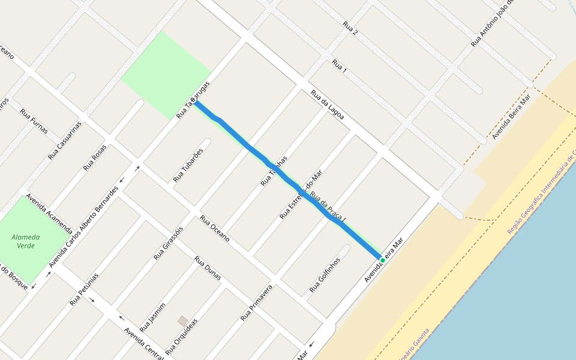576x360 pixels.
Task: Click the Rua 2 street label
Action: [350, 28]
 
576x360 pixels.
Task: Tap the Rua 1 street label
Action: [340, 65]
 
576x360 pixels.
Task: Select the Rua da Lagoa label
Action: [327, 104]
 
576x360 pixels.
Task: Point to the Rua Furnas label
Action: [34, 121]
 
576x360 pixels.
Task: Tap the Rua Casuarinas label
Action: [64, 140]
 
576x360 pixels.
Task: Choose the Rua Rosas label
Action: [95, 157]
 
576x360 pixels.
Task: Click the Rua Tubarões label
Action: [188, 165]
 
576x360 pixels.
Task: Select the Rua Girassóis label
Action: [168, 243]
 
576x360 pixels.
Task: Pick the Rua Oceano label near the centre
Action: [215, 228]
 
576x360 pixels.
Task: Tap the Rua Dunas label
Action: [208, 268]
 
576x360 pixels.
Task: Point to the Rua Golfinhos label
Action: [325, 275]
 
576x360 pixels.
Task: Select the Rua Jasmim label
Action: [152, 317]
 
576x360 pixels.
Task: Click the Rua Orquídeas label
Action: [181, 336]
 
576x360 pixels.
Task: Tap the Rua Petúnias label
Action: [84, 289]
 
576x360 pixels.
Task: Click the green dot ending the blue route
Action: [383, 260]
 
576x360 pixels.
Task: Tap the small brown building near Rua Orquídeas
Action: [182, 321]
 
